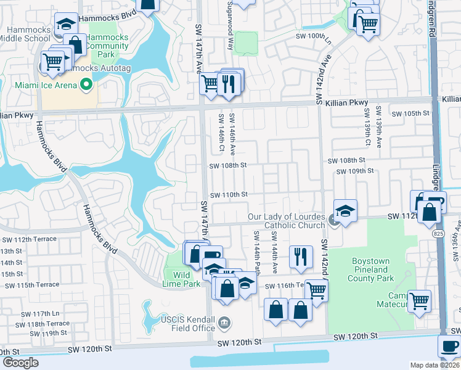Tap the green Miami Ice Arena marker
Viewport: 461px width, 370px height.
(x=86, y=84)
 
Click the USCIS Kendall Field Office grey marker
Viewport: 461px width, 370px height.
(x=225, y=321)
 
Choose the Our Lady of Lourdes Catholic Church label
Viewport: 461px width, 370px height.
(x=286, y=221)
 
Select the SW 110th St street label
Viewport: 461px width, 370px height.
(x=229, y=194)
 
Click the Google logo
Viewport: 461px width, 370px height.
(x=20, y=362)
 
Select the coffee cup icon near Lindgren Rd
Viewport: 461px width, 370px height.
(x=450, y=345)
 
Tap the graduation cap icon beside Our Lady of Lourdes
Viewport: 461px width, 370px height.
(x=346, y=210)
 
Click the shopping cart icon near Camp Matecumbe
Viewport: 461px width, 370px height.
(x=419, y=301)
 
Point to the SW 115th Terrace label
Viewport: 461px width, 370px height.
(x=31, y=285)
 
